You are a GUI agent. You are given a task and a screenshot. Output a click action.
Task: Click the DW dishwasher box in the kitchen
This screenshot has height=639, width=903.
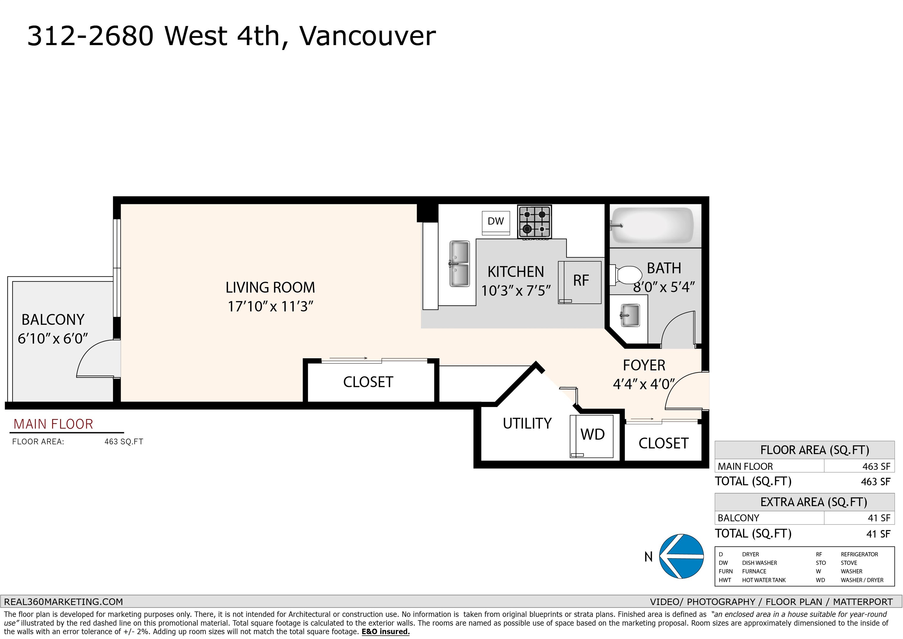[496, 223]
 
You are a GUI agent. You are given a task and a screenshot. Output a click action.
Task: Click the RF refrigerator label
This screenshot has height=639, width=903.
[581, 281]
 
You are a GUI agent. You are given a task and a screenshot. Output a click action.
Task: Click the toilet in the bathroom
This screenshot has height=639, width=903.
[626, 274]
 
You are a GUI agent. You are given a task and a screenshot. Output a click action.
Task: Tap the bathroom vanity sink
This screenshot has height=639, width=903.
[630, 315]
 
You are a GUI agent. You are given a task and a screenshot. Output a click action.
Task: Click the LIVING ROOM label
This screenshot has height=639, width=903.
[270, 288]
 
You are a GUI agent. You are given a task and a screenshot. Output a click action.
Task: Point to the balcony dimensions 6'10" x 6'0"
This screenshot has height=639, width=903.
[53, 339]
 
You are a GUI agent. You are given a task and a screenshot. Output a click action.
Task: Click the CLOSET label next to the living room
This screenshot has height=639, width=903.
[368, 382]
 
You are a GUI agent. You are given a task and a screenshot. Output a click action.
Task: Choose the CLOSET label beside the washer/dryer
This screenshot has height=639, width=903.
[663, 443]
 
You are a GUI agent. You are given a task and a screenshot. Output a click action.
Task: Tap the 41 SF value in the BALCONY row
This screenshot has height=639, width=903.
[879, 518]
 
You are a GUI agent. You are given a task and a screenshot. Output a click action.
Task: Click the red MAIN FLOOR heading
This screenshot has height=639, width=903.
[53, 424]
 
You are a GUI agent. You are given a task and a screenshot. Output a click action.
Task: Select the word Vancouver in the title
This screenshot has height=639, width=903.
[367, 36]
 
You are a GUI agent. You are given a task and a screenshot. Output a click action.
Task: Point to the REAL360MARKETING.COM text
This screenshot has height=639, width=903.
[63, 602]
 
